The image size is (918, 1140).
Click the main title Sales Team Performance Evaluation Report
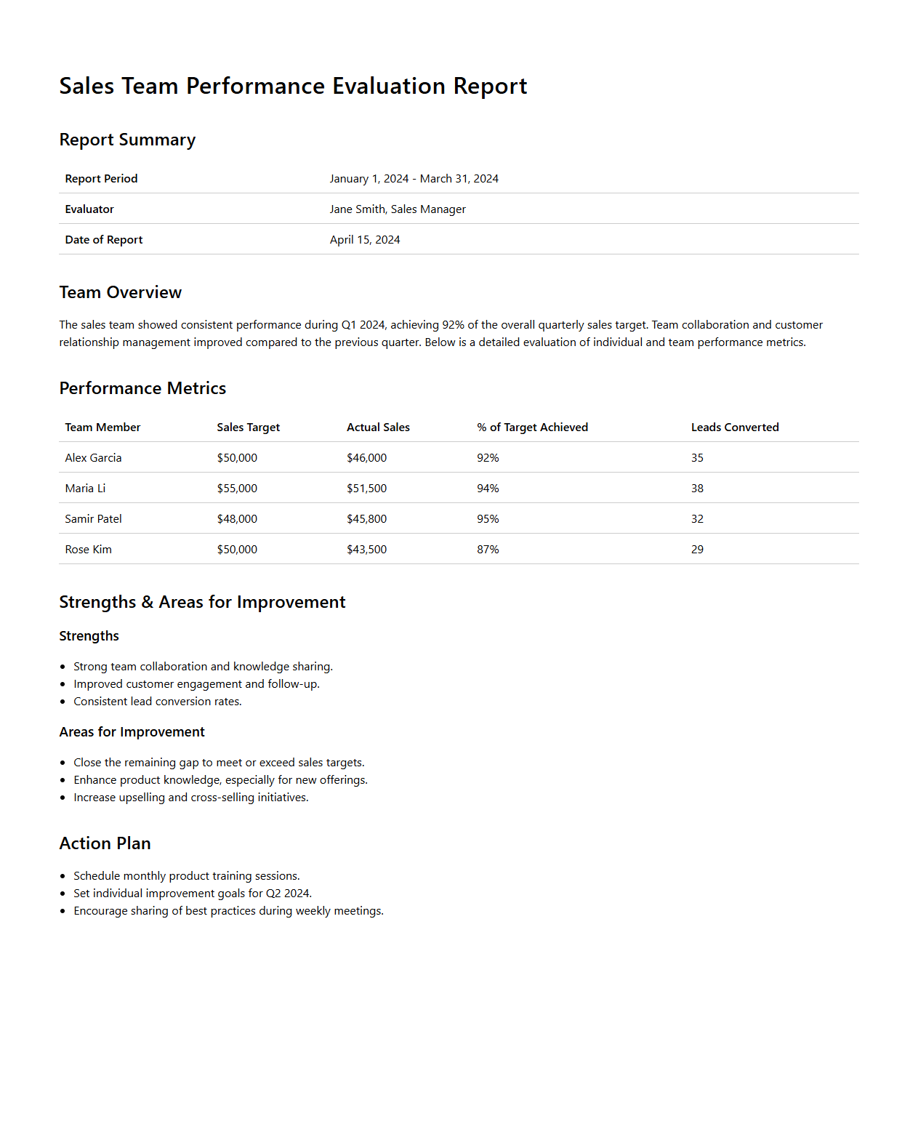[x=293, y=86]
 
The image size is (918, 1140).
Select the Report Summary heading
[x=127, y=140]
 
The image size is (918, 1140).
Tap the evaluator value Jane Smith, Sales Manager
[x=398, y=209]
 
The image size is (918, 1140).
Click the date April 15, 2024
[x=365, y=240]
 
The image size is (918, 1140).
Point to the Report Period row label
[x=101, y=179]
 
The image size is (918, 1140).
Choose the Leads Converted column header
[x=735, y=427]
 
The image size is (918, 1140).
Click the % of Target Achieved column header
[x=532, y=427]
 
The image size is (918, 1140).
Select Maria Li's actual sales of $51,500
[x=366, y=489]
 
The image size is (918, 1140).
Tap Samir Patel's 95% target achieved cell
[x=488, y=519]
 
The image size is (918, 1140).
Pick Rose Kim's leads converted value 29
[x=697, y=550]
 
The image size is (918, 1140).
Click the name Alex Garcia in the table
[x=93, y=458]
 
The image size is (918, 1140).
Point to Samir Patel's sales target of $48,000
[x=237, y=519]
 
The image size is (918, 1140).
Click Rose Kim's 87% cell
[x=488, y=550]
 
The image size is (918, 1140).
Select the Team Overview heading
[x=120, y=292]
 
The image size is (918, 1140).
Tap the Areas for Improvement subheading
[x=132, y=732]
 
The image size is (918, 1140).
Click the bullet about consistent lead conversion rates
[x=157, y=702]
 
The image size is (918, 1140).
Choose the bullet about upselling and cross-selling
[x=190, y=798]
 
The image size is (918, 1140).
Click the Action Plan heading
[x=105, y=843]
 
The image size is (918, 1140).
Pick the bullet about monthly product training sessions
[x=186, y=876]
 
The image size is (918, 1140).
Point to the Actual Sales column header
[x=378, y=427]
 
